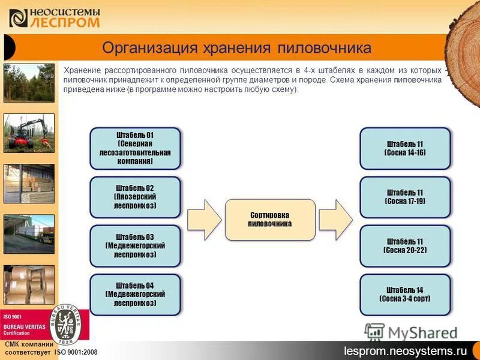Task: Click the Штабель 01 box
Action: click(x=135, y=148)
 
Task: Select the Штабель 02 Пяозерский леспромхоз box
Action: click(x=135, y=197)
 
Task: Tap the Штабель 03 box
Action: click(x=135, y=246)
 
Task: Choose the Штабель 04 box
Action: click(x=135, y=295)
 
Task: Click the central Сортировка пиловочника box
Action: click(x=270, y=219)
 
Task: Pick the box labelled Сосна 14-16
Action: click(x=405, y=148)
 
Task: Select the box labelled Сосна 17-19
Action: click(x=405, y=197)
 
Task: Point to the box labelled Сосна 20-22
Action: click(x=405, y=246)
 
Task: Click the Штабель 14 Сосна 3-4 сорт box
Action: click(x=405, y=295)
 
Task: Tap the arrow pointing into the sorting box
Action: click(x=204, y=219)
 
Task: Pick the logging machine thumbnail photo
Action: click(x=29, y=133)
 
